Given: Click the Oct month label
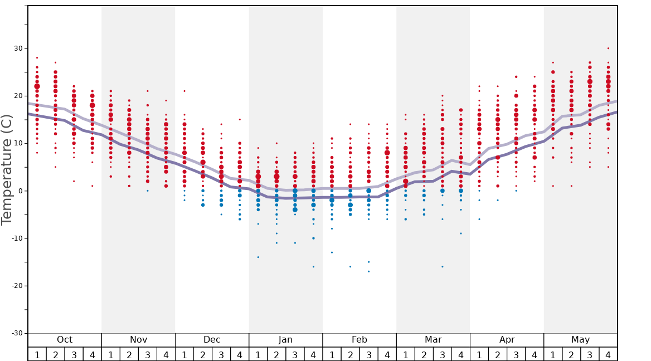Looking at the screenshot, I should tap(65, 340).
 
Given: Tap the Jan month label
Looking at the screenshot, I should tap(285, 340).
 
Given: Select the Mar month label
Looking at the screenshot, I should tap(433, 340).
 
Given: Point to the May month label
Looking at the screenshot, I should tap(580, 340).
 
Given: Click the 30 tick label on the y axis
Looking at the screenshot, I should tap(18, 48).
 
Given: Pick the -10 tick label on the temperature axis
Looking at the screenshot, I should tap(16, 238).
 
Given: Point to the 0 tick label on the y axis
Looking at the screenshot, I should tap(20, 191).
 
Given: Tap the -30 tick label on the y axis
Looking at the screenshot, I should tap(16, 333).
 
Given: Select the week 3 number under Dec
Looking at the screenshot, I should tap(221, 354).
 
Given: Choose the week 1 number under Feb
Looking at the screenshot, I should tap(332, 354).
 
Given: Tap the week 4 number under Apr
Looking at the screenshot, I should tap(535, 354).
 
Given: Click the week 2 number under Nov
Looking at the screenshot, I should tap(129, 354).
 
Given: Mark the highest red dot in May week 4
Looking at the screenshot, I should tap(608, 48).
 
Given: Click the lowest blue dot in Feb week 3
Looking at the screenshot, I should tap(368, 271).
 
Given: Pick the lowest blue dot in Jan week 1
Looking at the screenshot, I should tap(258, 257).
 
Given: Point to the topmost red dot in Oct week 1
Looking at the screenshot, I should tap(37, 58).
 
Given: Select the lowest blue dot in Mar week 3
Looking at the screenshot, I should tap(443, 266).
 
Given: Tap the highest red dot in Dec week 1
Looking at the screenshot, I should tap(184, 91).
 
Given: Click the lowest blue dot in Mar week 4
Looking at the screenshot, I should tap(461, 233).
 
